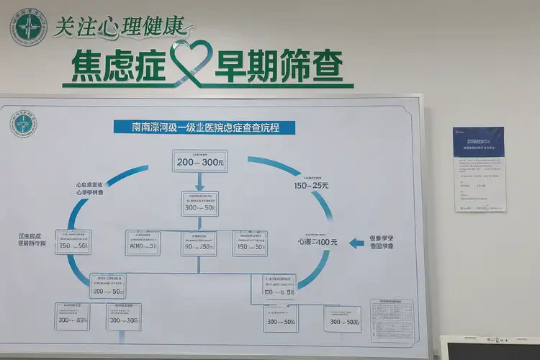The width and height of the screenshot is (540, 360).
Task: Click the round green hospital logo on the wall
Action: [28, 27]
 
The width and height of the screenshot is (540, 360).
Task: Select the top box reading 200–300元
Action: [199, 161]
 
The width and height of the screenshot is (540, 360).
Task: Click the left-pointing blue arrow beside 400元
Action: [356, 243]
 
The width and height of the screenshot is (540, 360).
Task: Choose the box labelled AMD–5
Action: [143, 244]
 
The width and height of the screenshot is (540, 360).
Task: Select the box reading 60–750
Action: [199, 244]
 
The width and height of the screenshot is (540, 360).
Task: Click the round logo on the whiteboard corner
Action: [24, 123]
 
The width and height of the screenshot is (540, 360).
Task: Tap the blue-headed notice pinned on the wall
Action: [479, 169]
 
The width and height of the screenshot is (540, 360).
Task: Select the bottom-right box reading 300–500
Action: [343, 320]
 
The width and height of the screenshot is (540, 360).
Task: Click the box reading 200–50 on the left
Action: [107, 287]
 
